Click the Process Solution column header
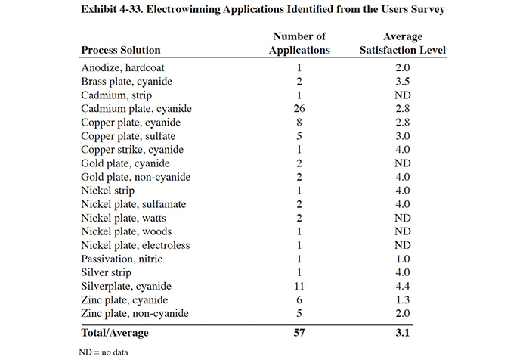pos(121,50)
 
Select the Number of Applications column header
pos(299,43)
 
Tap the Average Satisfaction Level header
pos(403,43)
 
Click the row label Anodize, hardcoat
pos(122,67)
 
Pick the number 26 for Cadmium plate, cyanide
pos(299,108)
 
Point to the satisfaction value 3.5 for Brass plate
pos(403,82)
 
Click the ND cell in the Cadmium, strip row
pos(403,95)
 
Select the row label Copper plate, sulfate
pos(128,136)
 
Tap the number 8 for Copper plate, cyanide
pos(299,123)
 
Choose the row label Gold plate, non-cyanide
pos(135,177)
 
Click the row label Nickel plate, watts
pos(123,218)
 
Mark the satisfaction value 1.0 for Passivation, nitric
pos(403,259)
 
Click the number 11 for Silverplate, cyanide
pos(299,286)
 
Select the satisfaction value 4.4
pos(403,286)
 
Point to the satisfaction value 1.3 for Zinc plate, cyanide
pos(403,300)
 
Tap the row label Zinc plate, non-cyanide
pos(135,313)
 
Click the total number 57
pos(299,333)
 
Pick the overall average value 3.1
pos(403,333)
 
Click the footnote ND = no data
pos(104,352)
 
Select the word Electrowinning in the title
pos(183,9)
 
